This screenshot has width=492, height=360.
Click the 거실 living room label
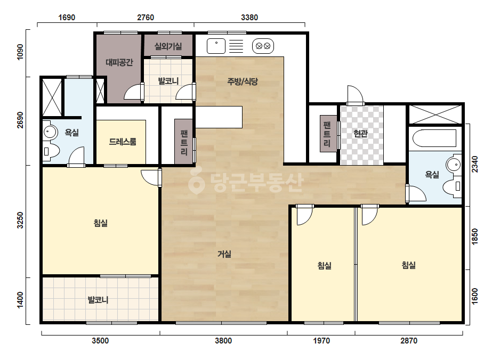[x=224, y=253]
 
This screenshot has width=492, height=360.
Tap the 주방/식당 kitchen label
[x=243, y=81]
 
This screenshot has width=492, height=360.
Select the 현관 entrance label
[x=360, y=134]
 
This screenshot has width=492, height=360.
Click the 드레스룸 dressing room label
[x=123, y=142]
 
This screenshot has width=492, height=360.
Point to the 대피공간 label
[x=119, y=62]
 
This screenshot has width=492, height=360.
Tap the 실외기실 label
[x=168, y=46]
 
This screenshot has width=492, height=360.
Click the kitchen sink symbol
[x=216, y=46]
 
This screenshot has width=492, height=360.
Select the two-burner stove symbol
[x=263, y=46]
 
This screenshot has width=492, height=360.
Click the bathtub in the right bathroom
[x=434, y=138]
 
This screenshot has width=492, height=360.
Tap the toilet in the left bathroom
[x=51, y=151]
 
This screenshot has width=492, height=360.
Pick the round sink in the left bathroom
[x=50, y=132]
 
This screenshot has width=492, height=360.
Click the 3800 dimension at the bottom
[x=223, y=340]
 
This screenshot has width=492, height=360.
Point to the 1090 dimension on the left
[x=20, y=52]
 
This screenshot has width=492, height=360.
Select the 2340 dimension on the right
[x=475, y=164]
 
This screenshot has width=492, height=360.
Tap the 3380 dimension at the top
[x=249, y=17]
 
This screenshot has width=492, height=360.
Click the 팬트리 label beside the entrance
[x=327, y=134]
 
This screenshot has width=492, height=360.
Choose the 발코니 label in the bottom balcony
[x=98, y=300]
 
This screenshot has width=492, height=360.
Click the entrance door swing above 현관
[x=355, y=94]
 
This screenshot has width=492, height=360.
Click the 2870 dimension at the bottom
[x=409, y=340]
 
